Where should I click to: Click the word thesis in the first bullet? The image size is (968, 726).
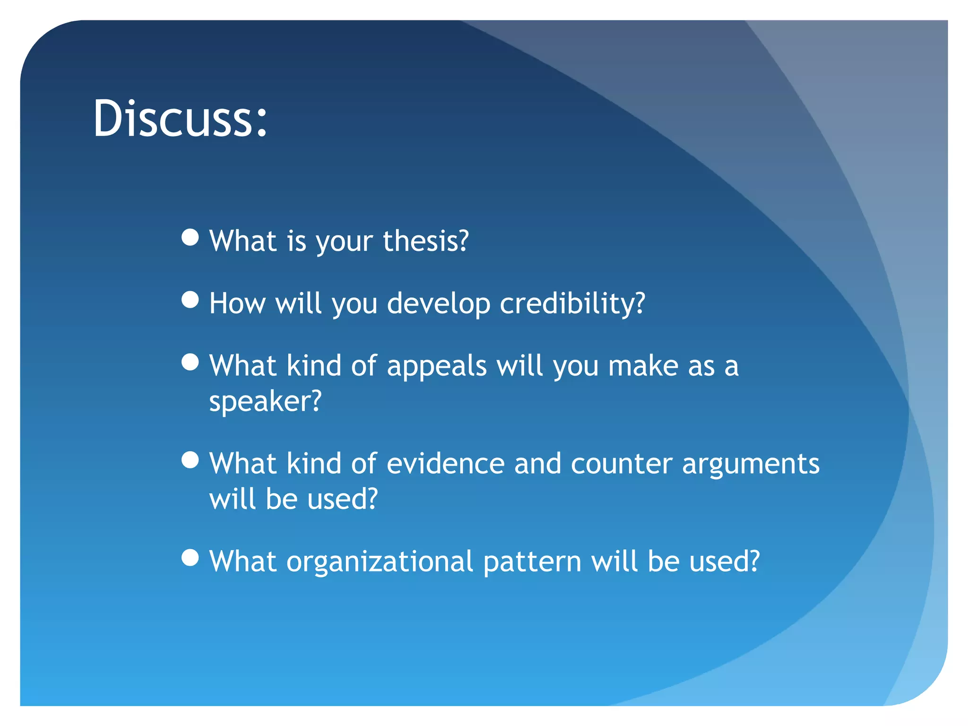point(425,241)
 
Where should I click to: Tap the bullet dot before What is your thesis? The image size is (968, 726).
point(190,237)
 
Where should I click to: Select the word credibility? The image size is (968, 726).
point(572,303)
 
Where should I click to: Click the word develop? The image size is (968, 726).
point(439,304)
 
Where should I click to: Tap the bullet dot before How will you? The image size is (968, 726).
point(190,300)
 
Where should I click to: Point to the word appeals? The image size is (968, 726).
point(437,367)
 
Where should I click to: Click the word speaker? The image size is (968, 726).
point(265,402)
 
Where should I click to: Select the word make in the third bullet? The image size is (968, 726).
point(643,366)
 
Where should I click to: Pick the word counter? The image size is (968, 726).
point(622,464)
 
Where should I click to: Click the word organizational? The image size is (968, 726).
point(380,562)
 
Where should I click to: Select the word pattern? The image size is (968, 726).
point(532,562)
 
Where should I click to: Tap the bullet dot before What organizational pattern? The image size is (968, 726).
point(190,558)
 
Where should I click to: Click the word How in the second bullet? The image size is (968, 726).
point(237,303)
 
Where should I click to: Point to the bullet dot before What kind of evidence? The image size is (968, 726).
point(190,460)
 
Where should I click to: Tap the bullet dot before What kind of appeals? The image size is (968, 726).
point(190,363)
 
